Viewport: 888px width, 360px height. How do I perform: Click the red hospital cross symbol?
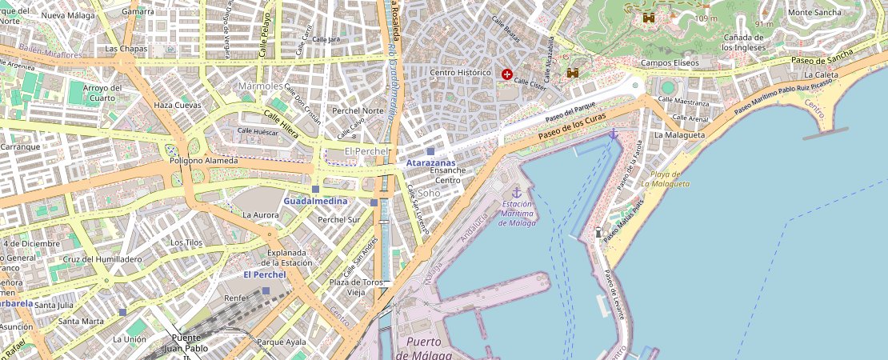pos(506,74)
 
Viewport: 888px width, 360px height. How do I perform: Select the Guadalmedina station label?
pos(315,201)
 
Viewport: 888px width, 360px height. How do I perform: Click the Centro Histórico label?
pos(459,72)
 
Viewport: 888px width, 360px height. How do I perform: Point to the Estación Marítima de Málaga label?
pos(517,214)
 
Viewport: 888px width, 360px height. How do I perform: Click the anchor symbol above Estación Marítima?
pos(516,193)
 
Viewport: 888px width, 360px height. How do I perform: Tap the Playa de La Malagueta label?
pos(665,178)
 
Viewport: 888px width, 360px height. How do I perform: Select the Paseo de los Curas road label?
pos(572,126)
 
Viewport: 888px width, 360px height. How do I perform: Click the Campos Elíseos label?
pos(670,62)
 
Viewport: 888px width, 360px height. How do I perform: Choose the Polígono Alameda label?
pos(203,161)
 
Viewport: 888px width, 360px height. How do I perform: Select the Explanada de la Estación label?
pos(286,257)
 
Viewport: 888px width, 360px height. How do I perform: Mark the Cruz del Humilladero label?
pos(102,259)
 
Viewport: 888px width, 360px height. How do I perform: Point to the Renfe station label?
pos(235,298)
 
